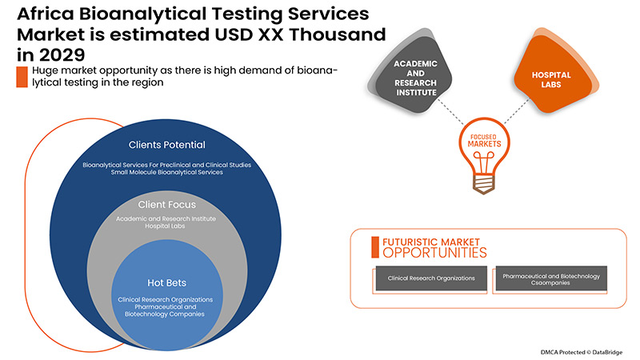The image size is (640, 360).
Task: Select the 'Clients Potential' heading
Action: coord(167,145)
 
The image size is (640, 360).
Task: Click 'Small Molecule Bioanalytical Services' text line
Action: coord(167,174)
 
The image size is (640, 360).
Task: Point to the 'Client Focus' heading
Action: coord(167,204)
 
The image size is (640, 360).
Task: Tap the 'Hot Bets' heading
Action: coord(167,282)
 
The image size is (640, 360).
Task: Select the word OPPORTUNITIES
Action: coord(434,253)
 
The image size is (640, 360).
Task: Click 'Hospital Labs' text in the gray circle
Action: coord(167,227)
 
